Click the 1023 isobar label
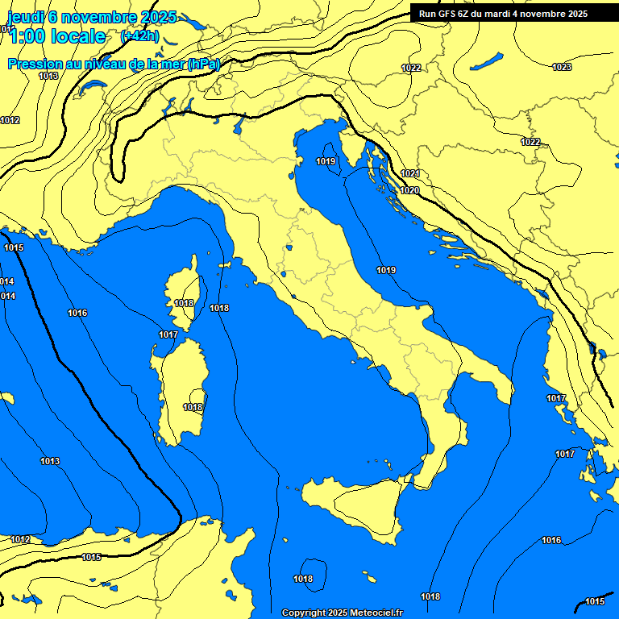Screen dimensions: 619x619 pyautogui.click(x=562, y=67)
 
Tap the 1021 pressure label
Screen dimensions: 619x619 pyautogui.click(x=410, y=174)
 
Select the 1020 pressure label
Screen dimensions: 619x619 pyautogui.click(x=409, y=191)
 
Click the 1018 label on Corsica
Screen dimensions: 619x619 pyautogui.click(x=184, y=304)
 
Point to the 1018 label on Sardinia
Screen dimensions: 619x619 pyautogui.click(x=193, y=408)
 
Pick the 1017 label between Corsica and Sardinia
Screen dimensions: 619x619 pyautogui.click(x=168, y=334)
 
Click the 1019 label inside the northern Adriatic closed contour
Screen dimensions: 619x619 pyautogui.click(x=326, y=162)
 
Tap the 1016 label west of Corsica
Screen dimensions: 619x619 pyautogui.click(x=77, y=313)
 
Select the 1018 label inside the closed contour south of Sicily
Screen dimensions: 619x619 pyautogui.click(x=303, y=579)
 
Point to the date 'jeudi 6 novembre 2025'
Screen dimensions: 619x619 pyautogui.click(x=91, y=17)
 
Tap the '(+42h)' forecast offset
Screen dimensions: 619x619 pyautogui.click(x=139, y=36)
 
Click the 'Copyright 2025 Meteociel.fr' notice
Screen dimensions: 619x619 pyautogui.click(x=342, y=613)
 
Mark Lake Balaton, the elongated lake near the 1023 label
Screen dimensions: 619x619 pyautogui.click(x=487, y=60)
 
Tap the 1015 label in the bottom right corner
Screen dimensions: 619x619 pyautogui.click(x=595, y=602)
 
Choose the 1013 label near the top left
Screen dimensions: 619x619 pyautogui.click(x=48, y=76)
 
